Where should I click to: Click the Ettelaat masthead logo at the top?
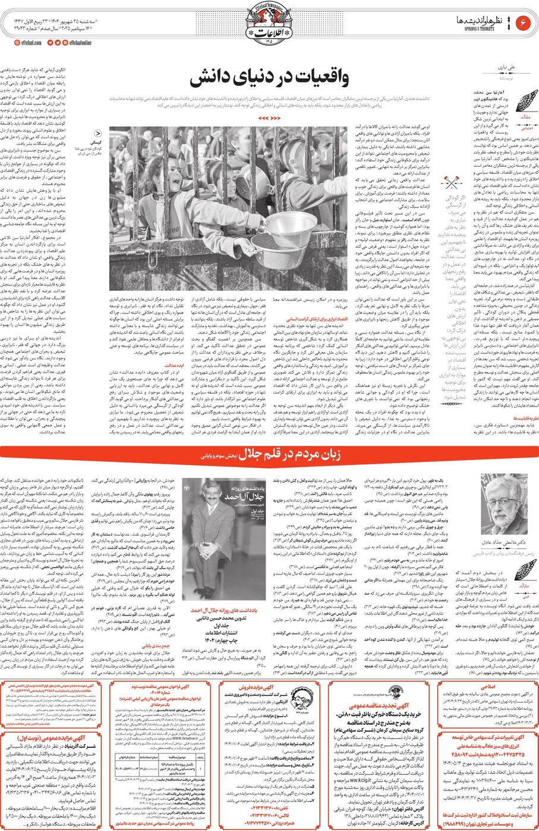tap(269, 25)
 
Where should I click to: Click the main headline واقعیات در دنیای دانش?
tap(269, 80)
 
